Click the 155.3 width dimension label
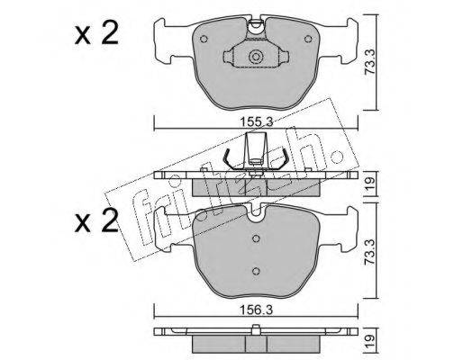coord(256,121)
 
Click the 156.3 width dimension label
coord(256,310)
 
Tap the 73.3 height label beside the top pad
coord(370,67)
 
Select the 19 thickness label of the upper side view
coord(370,182)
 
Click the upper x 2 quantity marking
coord(96,34)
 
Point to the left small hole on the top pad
coord(204,39)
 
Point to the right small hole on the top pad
coord(308,39)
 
